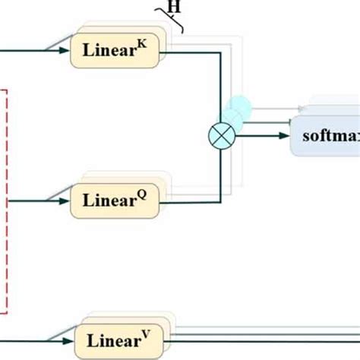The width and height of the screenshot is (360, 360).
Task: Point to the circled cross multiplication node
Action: click(220, 137)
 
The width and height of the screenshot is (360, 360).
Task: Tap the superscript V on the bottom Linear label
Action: click(149, 333)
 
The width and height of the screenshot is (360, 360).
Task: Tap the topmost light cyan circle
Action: click(239, 106)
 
